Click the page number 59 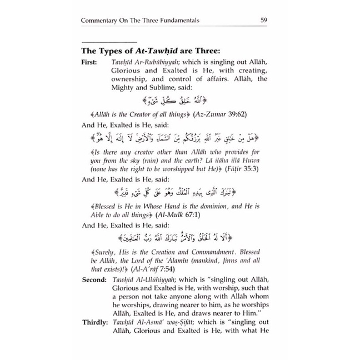265,22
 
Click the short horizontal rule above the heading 108,43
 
